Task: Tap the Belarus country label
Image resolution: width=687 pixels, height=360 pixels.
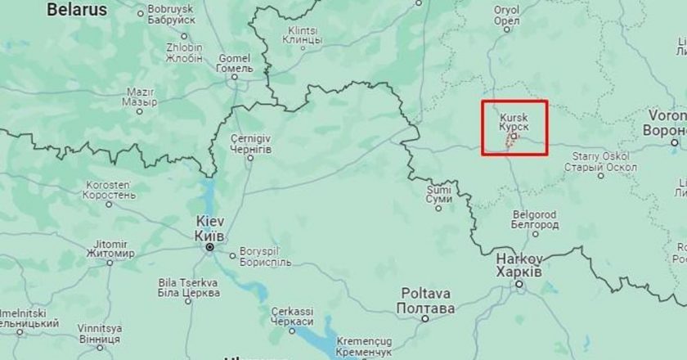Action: [77, 11]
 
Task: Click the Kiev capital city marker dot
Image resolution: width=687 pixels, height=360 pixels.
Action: [210, 246]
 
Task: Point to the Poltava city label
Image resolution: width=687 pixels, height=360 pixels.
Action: [424, 300]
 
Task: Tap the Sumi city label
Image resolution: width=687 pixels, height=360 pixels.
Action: [439, 194]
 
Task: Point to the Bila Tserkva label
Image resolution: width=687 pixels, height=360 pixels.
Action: [189, 287]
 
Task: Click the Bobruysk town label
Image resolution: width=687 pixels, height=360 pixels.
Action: [170, 16]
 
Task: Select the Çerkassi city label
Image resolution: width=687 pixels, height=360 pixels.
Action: [292, 317]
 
